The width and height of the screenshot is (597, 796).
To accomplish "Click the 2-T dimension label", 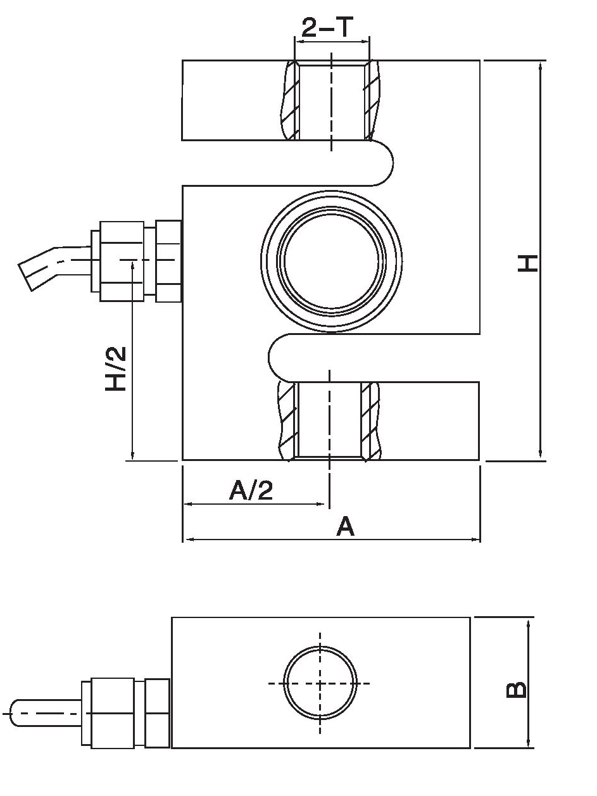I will [x=331, y=28].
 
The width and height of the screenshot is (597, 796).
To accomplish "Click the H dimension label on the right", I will [x=527, y=262].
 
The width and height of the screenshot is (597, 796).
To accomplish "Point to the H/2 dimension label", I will [x=116, y=369].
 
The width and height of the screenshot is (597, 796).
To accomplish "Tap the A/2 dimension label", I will [x=251, y=490].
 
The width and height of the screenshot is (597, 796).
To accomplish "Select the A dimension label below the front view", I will [x=345, y=527].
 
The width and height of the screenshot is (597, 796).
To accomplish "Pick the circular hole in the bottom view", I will [x=320, y=683].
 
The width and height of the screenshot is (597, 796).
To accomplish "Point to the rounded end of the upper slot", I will [x=383, y=163].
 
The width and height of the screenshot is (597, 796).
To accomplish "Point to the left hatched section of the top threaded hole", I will [x=289, y=101].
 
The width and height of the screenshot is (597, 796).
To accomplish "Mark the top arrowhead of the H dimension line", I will [x=540, y=66].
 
